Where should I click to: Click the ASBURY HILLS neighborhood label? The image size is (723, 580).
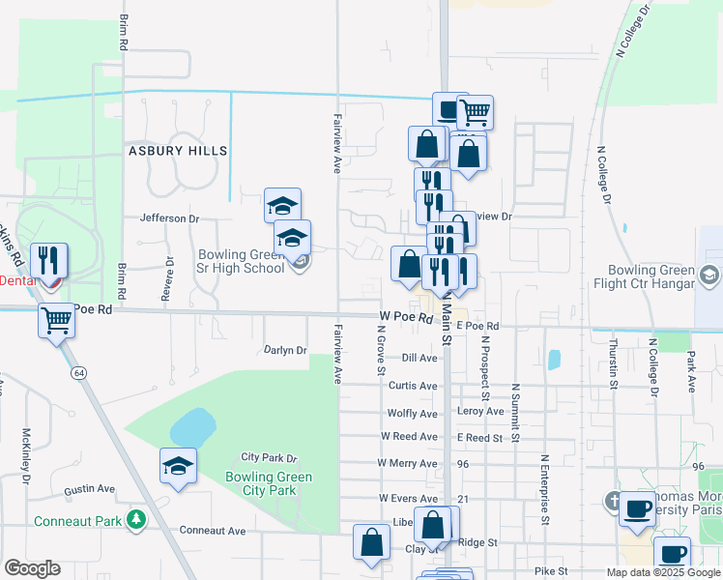pos(180,151)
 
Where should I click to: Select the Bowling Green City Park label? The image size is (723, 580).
pos(269,483)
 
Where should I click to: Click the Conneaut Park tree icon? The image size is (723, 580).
pos(137,520)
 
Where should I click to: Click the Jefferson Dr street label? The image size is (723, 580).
pos(169,218)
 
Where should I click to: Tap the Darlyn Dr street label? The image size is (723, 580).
pos(285,350)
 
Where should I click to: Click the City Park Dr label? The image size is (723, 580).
pos(269,457)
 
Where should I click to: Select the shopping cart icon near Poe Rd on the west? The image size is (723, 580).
pos(56,319)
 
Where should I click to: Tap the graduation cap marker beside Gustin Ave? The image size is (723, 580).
pos(178,467)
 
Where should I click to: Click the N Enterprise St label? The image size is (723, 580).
pos(545,490)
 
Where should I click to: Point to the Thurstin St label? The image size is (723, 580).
pos(613,363)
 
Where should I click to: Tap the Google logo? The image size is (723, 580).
pos(32,569)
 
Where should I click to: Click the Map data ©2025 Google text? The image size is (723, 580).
pos(662,572)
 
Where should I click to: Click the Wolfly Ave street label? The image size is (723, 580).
pos(412,414)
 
